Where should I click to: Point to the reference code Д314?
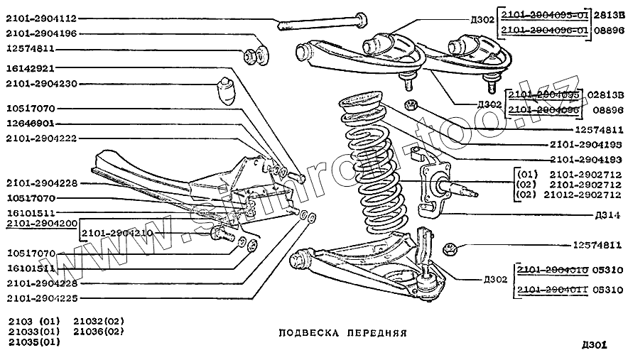[608, 214]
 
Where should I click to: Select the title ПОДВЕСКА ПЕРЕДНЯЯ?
[342, 332]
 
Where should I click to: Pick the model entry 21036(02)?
[99, 331]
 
